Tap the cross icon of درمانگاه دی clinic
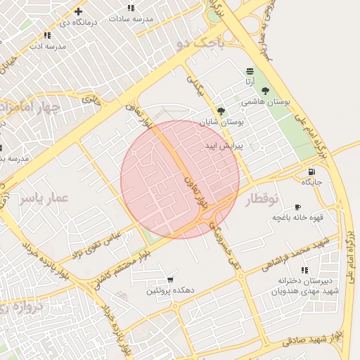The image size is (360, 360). (x=78, y=11)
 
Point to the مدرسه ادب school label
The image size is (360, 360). (x=47, y=46)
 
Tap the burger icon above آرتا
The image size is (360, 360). (x=250, y=72)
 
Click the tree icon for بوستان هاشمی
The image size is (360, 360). (x=265, y=91)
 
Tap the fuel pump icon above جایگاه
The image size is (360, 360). (x=311, y=172)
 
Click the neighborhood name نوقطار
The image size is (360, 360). (x=262, y=200)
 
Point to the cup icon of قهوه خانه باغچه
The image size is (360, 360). (x=297, y=207)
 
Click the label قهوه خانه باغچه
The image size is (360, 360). (x=298, y=218)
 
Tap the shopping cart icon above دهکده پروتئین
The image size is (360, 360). (x=170, y=280)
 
